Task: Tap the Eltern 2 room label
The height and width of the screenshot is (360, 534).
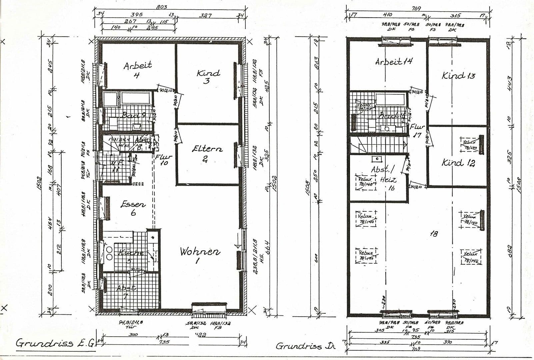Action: pos(207,153)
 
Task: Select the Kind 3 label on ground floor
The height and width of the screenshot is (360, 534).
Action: pos(208,76)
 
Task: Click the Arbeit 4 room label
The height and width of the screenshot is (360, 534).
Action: pos(137,69)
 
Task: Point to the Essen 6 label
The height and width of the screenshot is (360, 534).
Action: pos(133,208)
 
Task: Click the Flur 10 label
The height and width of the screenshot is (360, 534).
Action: pos(163,159)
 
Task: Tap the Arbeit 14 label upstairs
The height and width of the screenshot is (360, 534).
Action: pos(394,62)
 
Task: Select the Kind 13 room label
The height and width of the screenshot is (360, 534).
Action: pos(458,76)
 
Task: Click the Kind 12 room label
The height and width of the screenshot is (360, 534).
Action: pos(458,163)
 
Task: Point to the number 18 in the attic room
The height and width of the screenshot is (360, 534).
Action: pos(434,234)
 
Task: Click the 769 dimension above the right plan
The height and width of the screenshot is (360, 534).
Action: pos(416,8)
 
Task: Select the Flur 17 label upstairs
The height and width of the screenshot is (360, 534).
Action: pos(417,130)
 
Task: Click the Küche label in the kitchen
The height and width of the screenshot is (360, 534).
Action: pos(130,253)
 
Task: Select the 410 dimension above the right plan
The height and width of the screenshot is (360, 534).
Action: pos(387,15)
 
